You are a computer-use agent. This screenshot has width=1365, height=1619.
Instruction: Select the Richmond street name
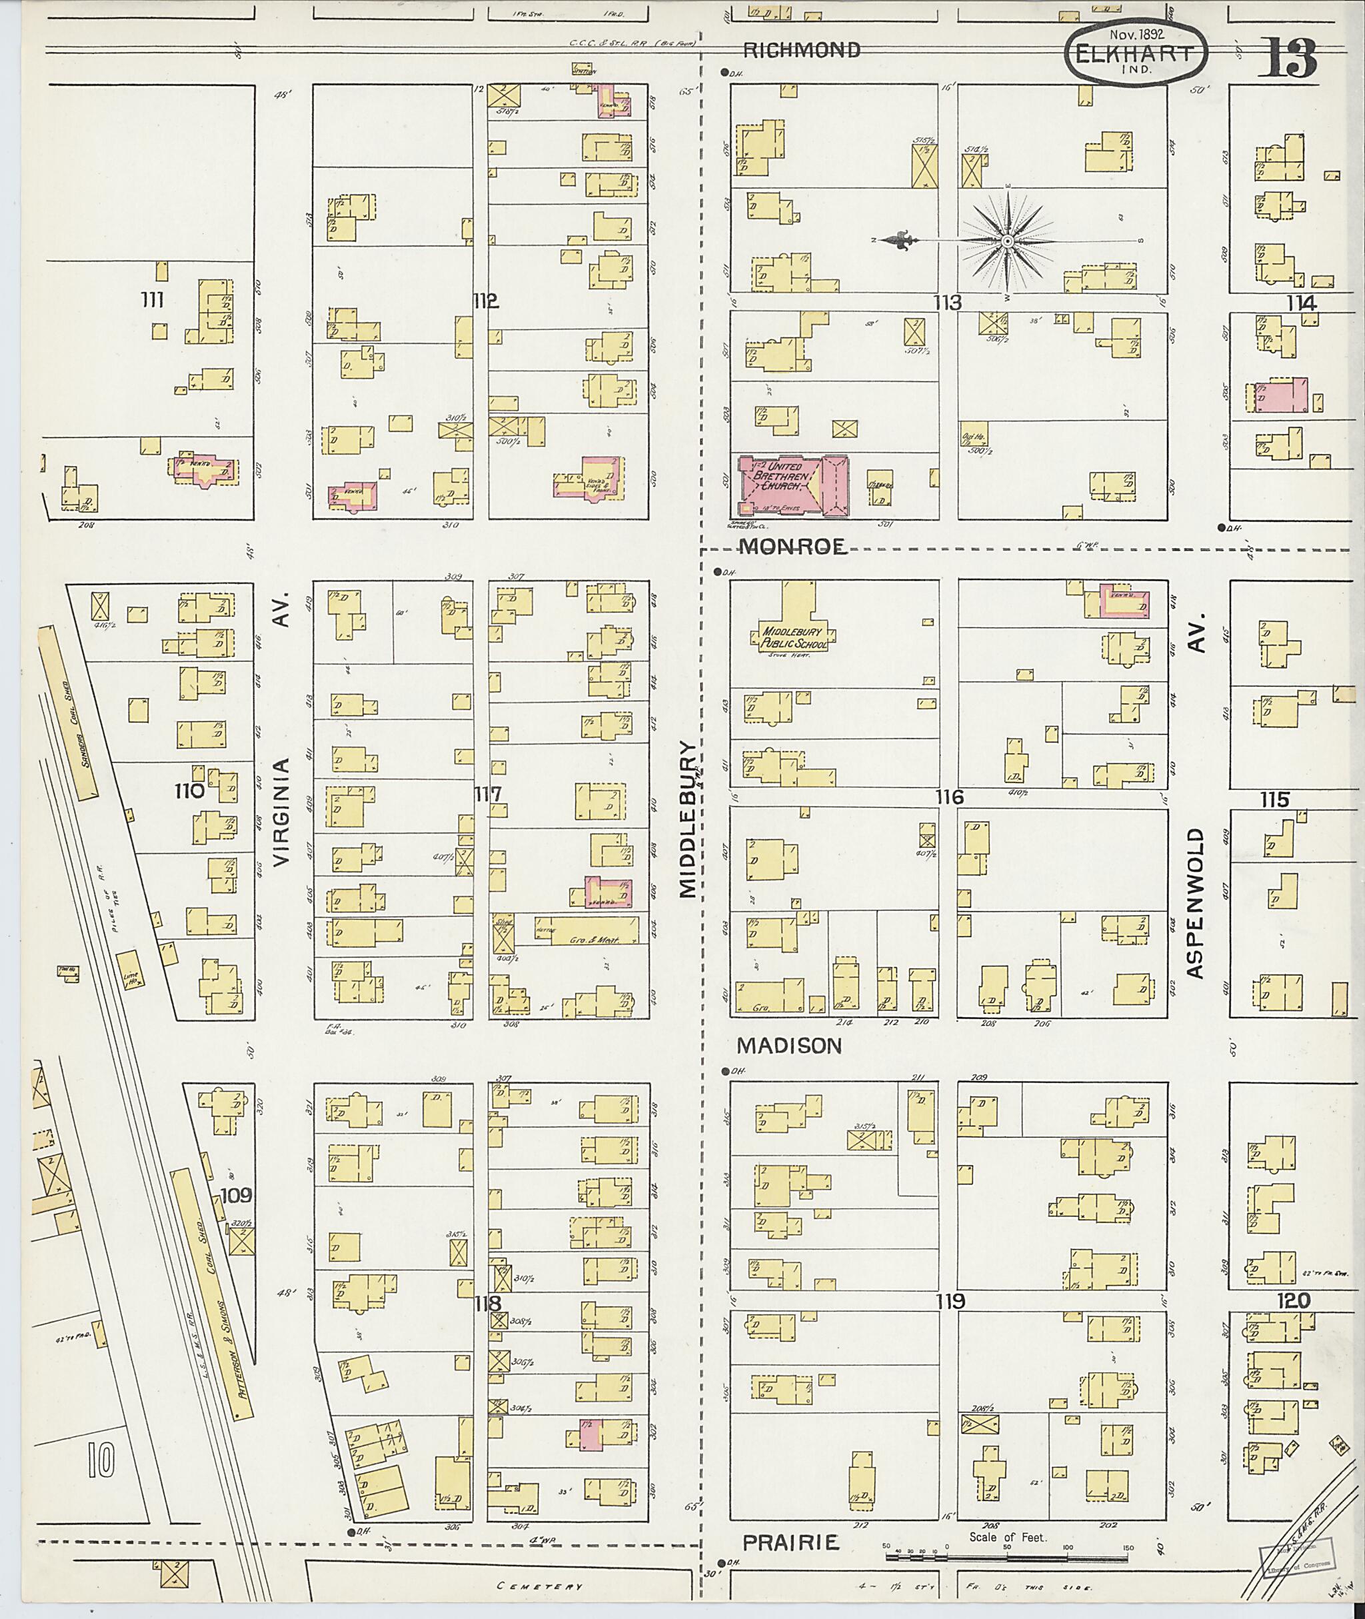[801, 50]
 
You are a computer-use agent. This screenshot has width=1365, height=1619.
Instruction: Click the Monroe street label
[793, 547]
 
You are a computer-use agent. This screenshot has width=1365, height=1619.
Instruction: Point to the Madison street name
[788, 1046]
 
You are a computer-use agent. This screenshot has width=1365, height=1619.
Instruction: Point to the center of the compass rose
[1008, 242]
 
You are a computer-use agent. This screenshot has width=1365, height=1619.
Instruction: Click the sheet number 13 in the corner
[1286, 58]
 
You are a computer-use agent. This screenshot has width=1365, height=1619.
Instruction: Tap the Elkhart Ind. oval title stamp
[1136, 52]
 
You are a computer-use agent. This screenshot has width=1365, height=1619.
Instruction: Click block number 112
[485, 302]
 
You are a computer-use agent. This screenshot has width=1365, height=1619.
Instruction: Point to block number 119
[950, 1302]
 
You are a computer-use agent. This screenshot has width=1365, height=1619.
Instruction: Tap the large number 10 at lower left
[101, 1460]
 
